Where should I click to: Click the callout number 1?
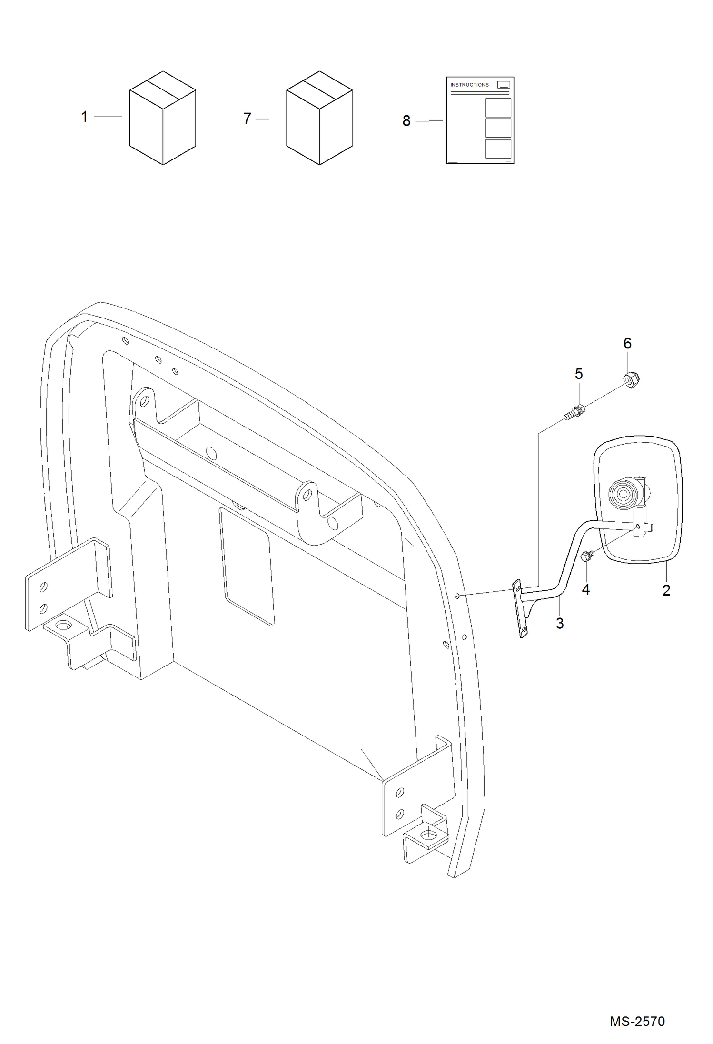(x=85, y=117)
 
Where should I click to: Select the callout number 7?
(x=247, y=119)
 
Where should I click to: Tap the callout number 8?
(x=406, y=121)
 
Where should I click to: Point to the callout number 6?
(x=627, y=343)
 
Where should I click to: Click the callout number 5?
(x=579, y=374)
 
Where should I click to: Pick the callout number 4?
(x=586, y=589)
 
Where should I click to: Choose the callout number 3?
(x=560, y=623)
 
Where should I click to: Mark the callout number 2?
(x=666, y=590)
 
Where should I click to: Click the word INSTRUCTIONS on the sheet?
(x=469, y=85)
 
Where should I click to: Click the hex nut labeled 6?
(x=632, y=379)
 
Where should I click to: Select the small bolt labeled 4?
(x=586, y=556)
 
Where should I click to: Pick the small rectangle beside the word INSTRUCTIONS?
(x=503, y=85)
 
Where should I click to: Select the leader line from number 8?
(x=429, y=121)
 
